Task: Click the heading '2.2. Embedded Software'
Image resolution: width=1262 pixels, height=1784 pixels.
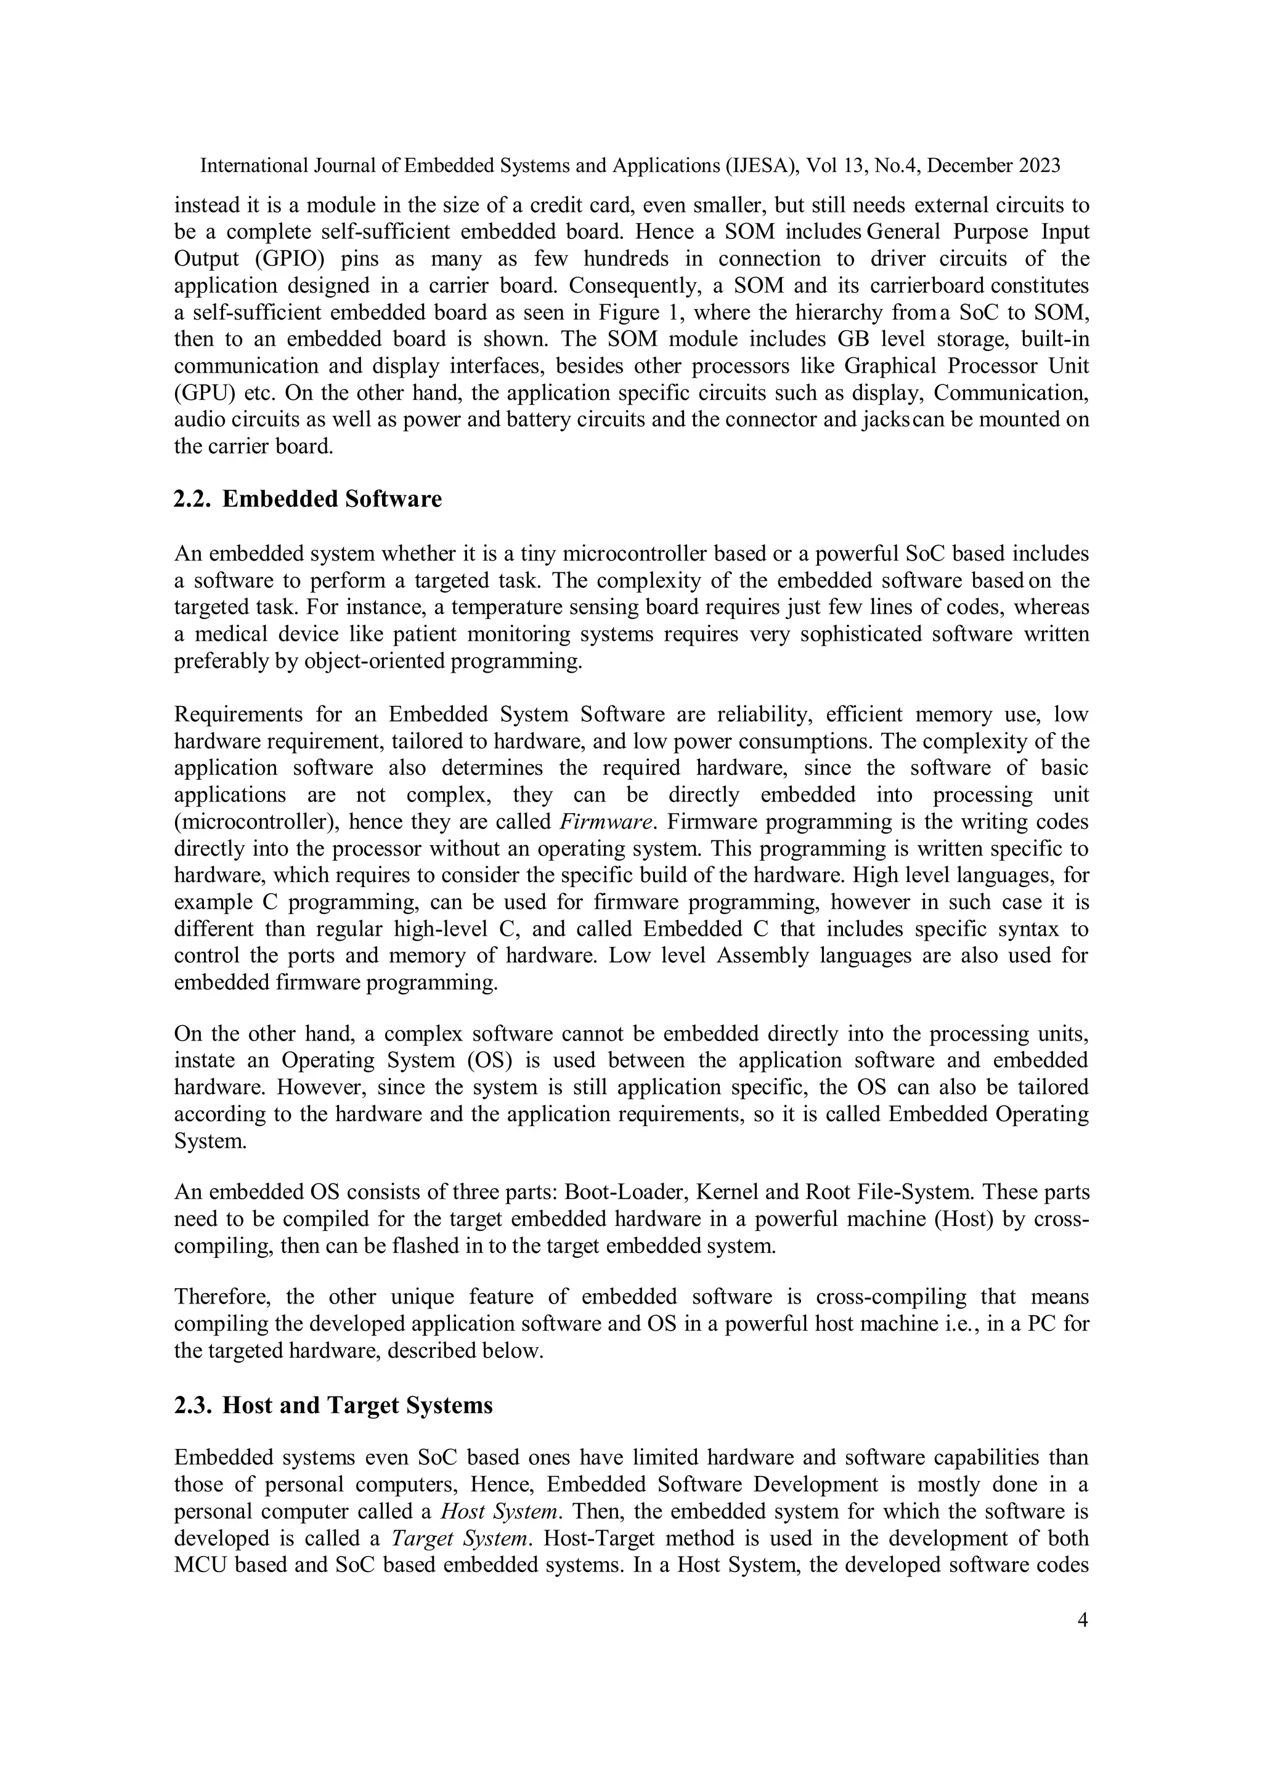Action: (307, 499)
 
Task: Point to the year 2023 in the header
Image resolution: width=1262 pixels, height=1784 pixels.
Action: (1038, 166)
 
